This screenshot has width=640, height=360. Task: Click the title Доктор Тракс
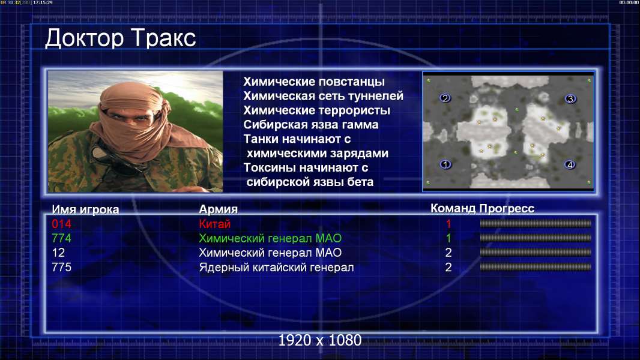pos(121,38)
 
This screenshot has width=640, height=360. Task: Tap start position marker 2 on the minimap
pos(445,98)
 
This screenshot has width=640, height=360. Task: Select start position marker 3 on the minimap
pos(570,98)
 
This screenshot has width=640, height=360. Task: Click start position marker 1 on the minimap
pos(445,164)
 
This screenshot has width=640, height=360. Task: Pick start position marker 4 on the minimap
pos(570,165)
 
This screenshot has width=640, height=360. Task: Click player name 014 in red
pos(61,224)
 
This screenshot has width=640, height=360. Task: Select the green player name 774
pos(61,238)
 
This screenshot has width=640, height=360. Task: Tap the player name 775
pos(61,268)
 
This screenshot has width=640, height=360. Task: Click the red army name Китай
pos(215,224)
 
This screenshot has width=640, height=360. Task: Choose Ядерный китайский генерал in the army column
pos(276,268)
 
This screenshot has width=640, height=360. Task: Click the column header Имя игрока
pos(85,209)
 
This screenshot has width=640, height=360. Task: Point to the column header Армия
pos(219,209)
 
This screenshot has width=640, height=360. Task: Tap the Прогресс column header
pos(507,209)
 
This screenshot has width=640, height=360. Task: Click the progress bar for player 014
pos(536,223)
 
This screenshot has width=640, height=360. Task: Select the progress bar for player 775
pos(536,267)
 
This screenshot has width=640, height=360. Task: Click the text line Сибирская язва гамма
pos(311,125)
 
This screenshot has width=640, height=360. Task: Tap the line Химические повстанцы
pos(314,82)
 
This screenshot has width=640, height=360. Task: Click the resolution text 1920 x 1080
pos(320,340)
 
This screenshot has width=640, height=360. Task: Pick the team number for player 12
pos(448,253)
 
